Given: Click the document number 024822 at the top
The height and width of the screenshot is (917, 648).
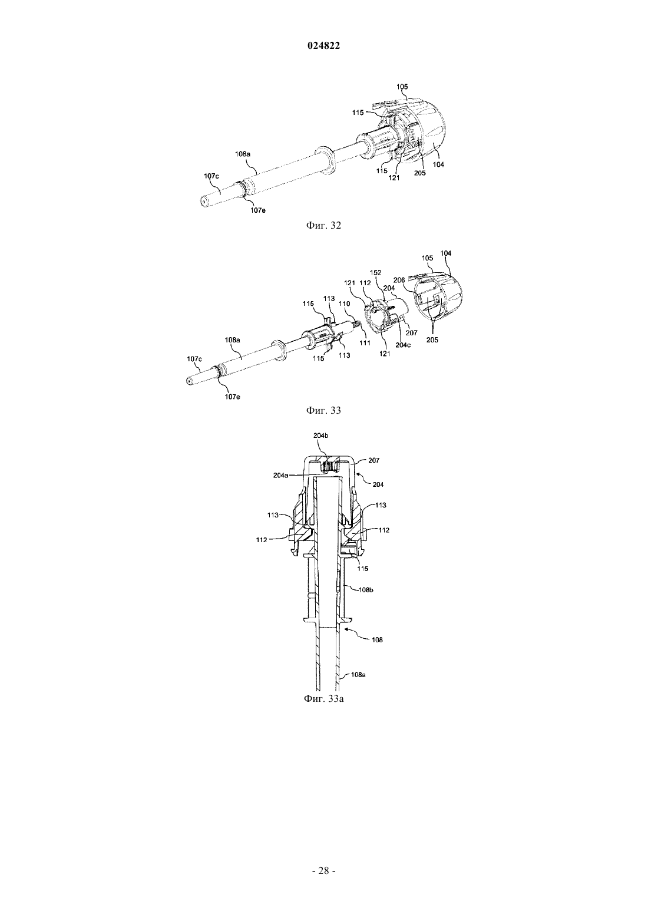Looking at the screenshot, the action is coord(323,46).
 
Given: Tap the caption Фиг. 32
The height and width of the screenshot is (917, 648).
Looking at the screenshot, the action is coord(323,226).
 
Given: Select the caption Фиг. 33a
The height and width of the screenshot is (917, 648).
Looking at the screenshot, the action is coord(323,698).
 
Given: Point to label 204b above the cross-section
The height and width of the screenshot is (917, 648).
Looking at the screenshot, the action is coord(320,436).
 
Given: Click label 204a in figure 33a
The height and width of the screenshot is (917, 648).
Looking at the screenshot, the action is coord(280,475).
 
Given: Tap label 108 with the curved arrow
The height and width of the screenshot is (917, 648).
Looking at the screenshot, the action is coord(377,639).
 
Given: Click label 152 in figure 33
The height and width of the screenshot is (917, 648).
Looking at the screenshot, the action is coord(376,273).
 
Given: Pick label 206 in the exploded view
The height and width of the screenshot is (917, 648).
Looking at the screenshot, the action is coord(399,281).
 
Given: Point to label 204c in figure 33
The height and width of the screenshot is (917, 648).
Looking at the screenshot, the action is coord(403,345).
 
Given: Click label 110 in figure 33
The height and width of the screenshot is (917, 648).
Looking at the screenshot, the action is coord(345,304).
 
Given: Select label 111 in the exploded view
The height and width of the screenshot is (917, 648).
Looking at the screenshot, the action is coord(365,342).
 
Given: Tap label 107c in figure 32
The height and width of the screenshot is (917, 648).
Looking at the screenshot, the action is coord(211,176).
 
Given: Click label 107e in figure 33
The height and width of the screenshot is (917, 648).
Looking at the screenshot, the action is coord(232,396).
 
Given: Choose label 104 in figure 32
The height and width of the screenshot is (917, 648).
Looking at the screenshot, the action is coord(438,164).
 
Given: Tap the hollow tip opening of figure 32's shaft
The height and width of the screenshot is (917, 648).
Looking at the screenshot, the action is coord(204,201).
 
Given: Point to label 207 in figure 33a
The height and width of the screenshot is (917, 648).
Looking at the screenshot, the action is coord(374,460).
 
